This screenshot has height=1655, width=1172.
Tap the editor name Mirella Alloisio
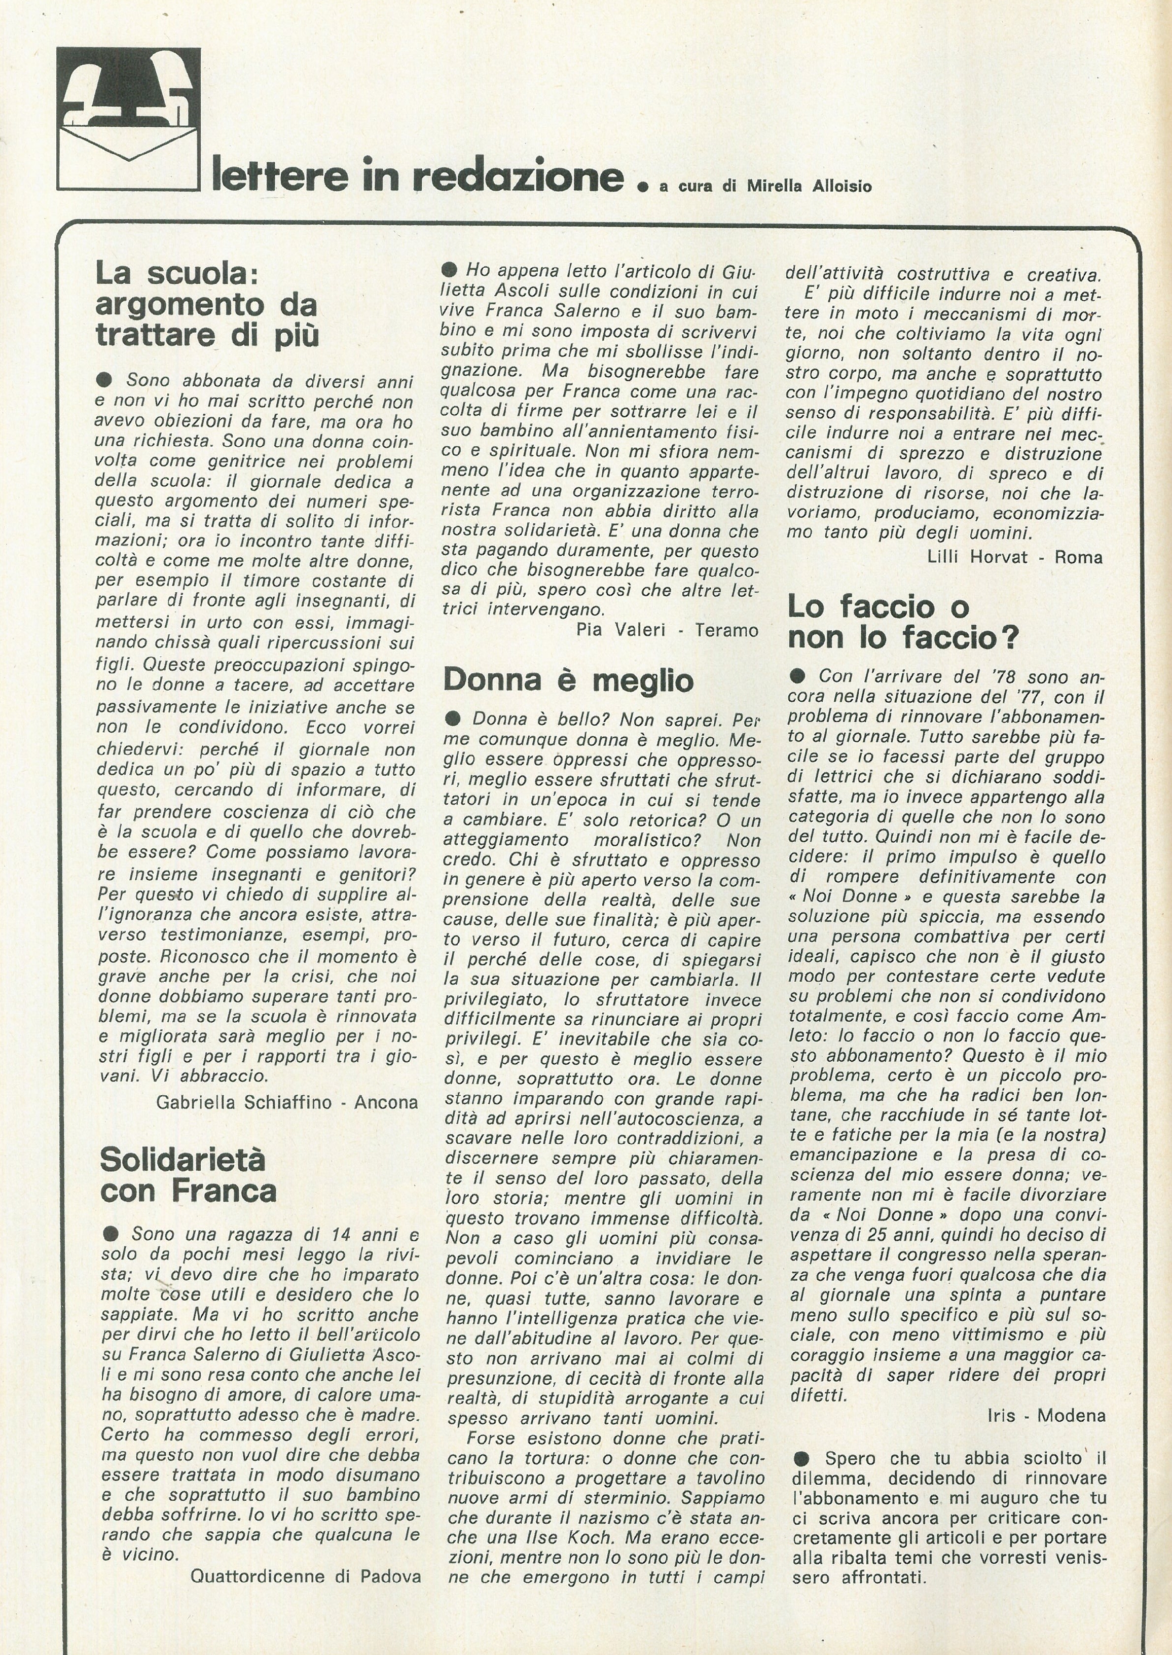[x=809, y=186]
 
